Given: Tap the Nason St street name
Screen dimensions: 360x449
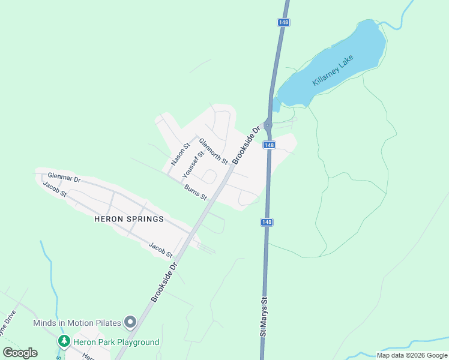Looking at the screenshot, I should point(180,154).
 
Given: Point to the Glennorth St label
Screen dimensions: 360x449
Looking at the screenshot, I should point(213,152).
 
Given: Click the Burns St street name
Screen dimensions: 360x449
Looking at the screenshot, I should point(195,193).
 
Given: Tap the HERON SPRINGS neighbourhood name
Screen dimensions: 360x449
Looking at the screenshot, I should point(129,219).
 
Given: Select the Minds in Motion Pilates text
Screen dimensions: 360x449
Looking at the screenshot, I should point(77,323).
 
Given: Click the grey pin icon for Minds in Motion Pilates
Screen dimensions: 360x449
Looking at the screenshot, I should point(130,323).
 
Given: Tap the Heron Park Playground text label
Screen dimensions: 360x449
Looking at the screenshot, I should point(116,342).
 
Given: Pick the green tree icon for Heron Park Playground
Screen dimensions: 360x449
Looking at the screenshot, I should point(64,341).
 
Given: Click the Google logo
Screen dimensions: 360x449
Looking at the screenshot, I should point(20,353).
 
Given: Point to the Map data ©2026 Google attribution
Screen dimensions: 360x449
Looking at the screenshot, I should point(412,355).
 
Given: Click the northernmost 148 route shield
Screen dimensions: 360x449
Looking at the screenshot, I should point(284,22).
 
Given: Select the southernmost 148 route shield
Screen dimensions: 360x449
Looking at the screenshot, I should point(267,222).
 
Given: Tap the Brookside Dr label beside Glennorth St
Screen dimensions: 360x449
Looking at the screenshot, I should point(247,145).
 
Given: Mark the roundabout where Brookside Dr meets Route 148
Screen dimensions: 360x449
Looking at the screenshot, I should point(268,126).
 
